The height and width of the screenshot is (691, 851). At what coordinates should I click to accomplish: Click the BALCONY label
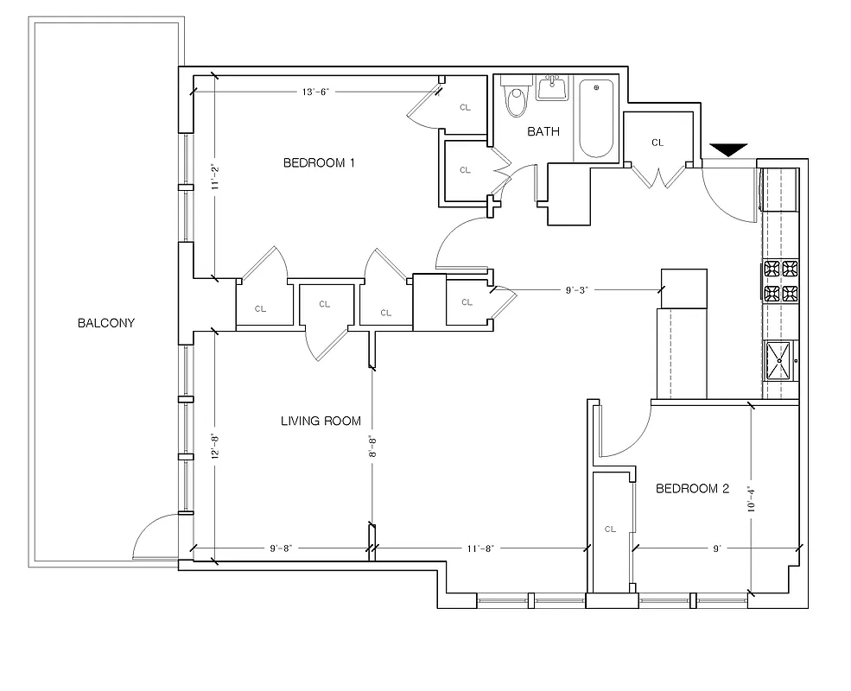click(106, 324)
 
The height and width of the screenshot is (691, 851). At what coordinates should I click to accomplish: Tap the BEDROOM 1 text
click(319, 162)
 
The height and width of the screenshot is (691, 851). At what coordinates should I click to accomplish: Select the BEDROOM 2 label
click(692, 488)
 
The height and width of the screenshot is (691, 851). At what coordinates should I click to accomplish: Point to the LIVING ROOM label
click(321, 422)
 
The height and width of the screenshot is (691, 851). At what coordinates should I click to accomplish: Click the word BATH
click(543, 132)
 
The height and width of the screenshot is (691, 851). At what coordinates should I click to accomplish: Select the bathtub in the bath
click(595, 119)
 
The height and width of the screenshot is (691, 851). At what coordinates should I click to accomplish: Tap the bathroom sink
click(550, 87)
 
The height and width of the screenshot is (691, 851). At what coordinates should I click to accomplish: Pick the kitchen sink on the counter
click(779, 361)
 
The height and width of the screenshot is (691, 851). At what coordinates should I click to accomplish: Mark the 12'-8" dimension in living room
click(214, 444)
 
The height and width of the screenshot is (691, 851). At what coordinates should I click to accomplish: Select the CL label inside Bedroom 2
click(610, 529)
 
